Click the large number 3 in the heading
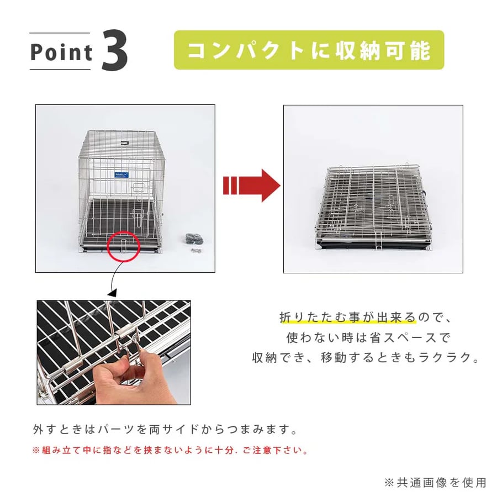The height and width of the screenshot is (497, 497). [x=115, y=50]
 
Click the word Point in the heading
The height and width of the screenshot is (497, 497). [x=61, y=52]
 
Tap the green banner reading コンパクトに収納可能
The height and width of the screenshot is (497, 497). [x=309, y=50]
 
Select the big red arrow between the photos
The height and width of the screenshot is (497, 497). [x=252, y=186]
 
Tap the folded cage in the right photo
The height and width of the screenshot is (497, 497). [x=373, y=207]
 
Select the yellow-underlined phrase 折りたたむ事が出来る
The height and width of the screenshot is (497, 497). [x=347, y=318]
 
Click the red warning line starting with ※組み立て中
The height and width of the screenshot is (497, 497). [x=170, y=451]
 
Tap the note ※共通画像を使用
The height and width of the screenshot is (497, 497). [x=435, y=483]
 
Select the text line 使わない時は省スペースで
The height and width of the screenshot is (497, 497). [x=368, y=337]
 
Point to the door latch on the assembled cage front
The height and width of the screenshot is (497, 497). [x=138, y=218]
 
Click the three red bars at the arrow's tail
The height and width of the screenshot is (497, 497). [x=230, y=186]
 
